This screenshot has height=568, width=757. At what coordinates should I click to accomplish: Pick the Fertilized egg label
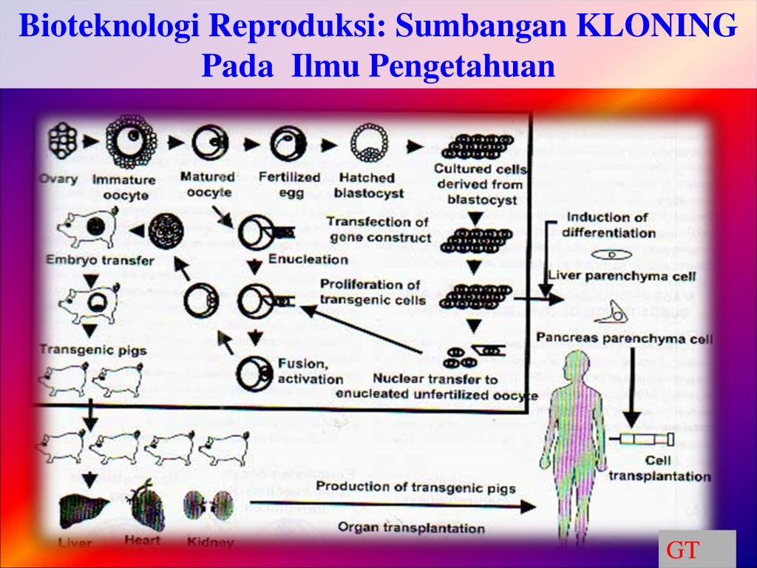[289, 185]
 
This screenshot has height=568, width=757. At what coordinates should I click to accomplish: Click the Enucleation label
[308, 259]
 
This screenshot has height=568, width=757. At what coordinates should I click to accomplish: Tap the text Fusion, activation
[310, 371]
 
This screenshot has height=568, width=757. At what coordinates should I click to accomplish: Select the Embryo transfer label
[100, 260]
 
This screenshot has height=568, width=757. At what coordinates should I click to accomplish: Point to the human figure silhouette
[576, 436]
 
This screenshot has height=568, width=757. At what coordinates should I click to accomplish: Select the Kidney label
[211, 542]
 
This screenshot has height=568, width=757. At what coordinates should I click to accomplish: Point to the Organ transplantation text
[411, 527]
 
